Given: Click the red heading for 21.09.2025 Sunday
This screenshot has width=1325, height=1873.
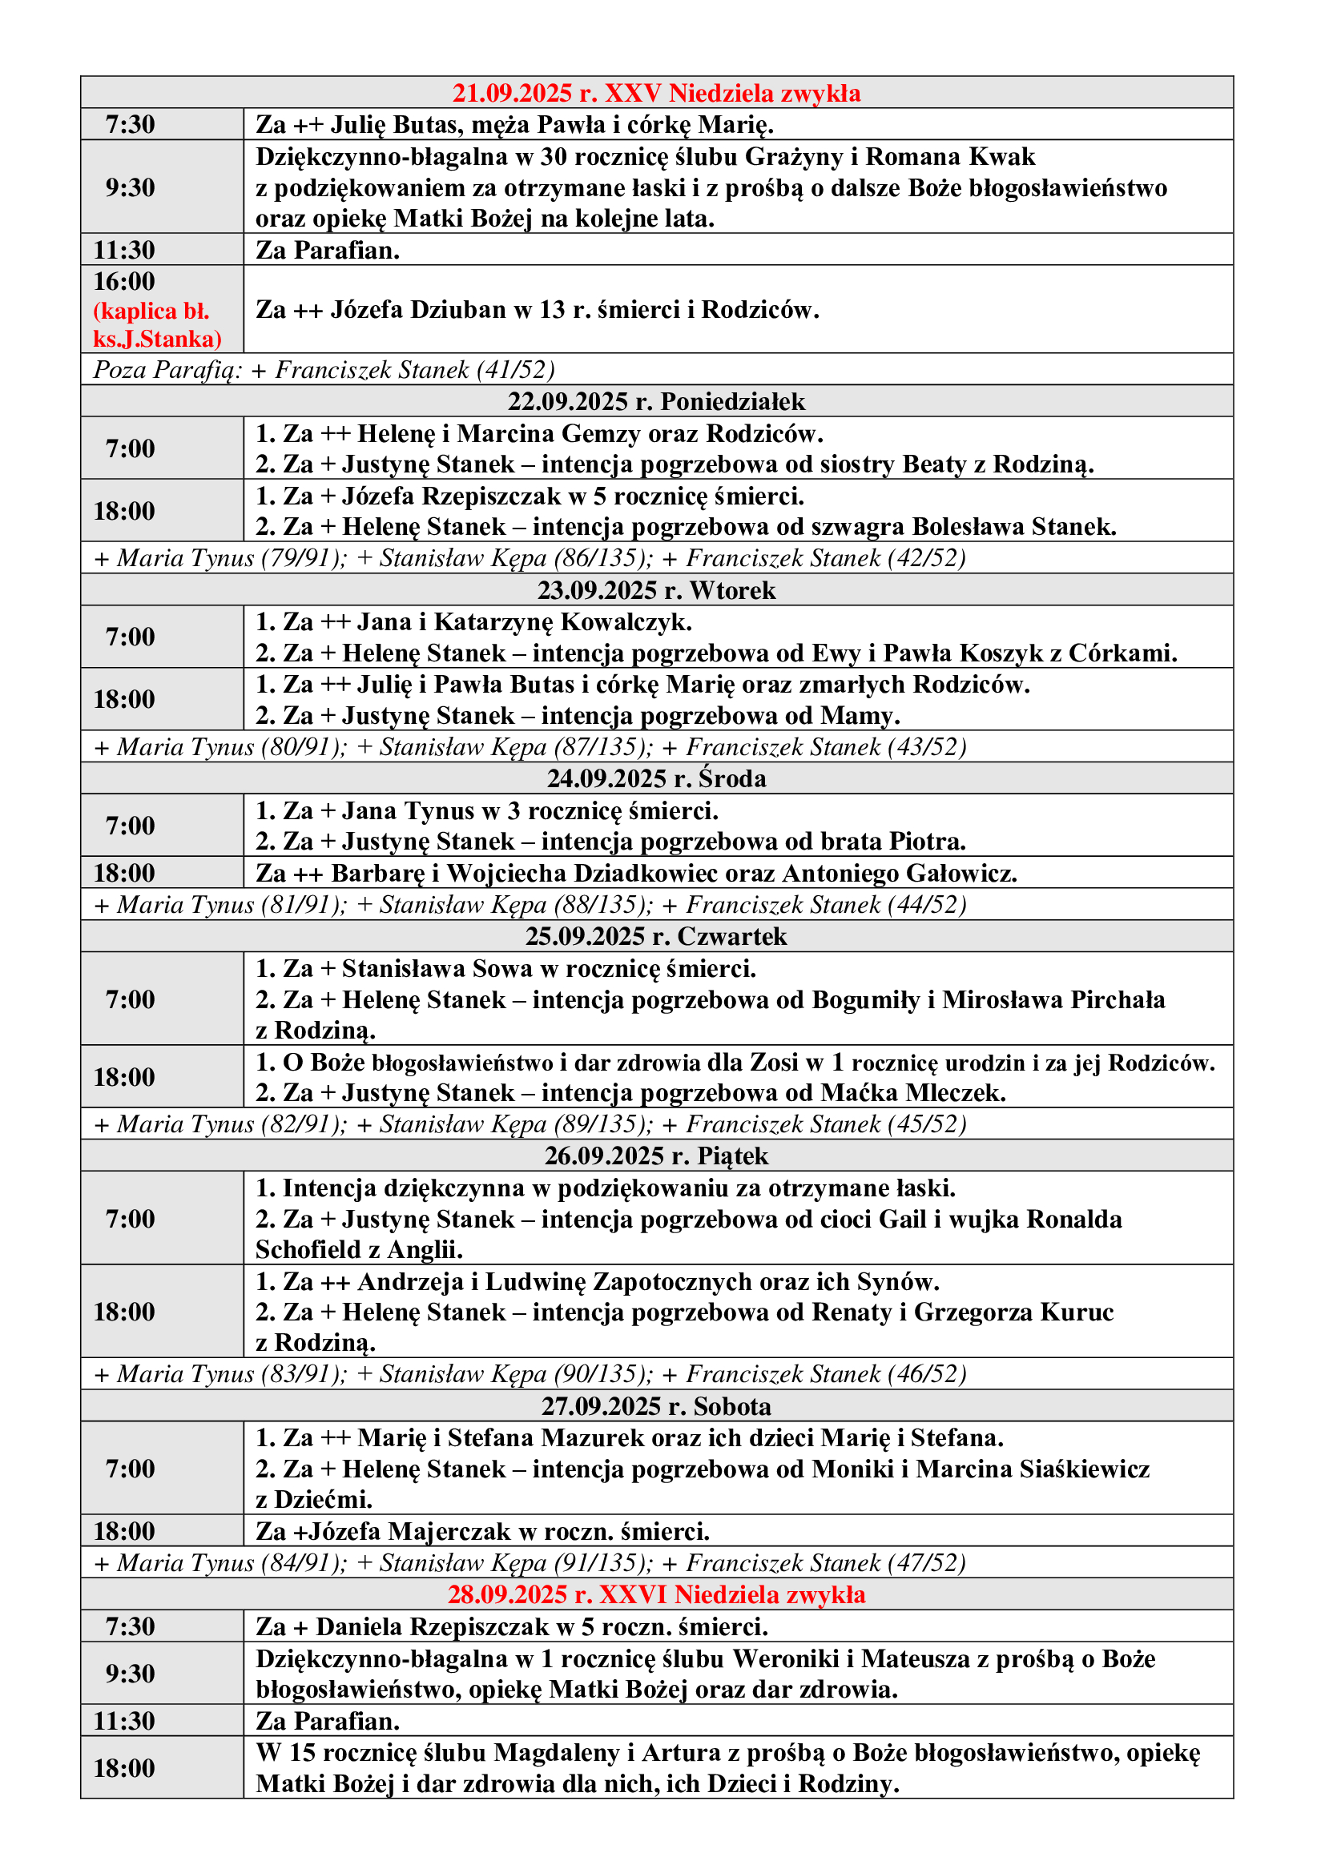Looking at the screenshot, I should [x=656, y=93].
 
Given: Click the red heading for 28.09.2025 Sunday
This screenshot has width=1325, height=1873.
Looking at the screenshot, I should [x=656, y=1595].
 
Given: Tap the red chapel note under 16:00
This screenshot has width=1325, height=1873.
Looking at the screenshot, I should [x=157, y=324].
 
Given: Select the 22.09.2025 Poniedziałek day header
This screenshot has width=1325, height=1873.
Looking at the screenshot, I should [x=656, y=401].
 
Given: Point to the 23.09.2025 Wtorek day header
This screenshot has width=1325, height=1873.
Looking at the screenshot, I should [x=656, y=590].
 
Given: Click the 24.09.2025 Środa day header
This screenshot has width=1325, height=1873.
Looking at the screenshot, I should [x=656, y=778].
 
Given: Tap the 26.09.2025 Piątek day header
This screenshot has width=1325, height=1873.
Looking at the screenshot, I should [x=656, y=1156].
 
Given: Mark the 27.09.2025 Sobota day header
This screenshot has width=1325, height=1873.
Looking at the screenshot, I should [x=656, y=1406].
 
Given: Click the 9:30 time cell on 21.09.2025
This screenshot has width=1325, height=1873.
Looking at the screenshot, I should [x=130, y=187].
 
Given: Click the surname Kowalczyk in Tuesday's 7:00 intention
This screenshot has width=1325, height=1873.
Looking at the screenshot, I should [x=627, y=621].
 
